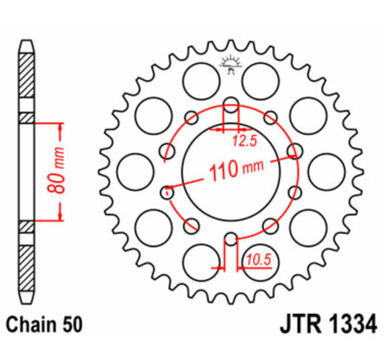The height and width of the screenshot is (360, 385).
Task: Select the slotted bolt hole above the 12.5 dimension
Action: (x=231, y=106)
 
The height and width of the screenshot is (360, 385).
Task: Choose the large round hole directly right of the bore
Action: (x=328, y=173)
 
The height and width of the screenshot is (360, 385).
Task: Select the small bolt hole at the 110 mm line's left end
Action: (x=167, y=193)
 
